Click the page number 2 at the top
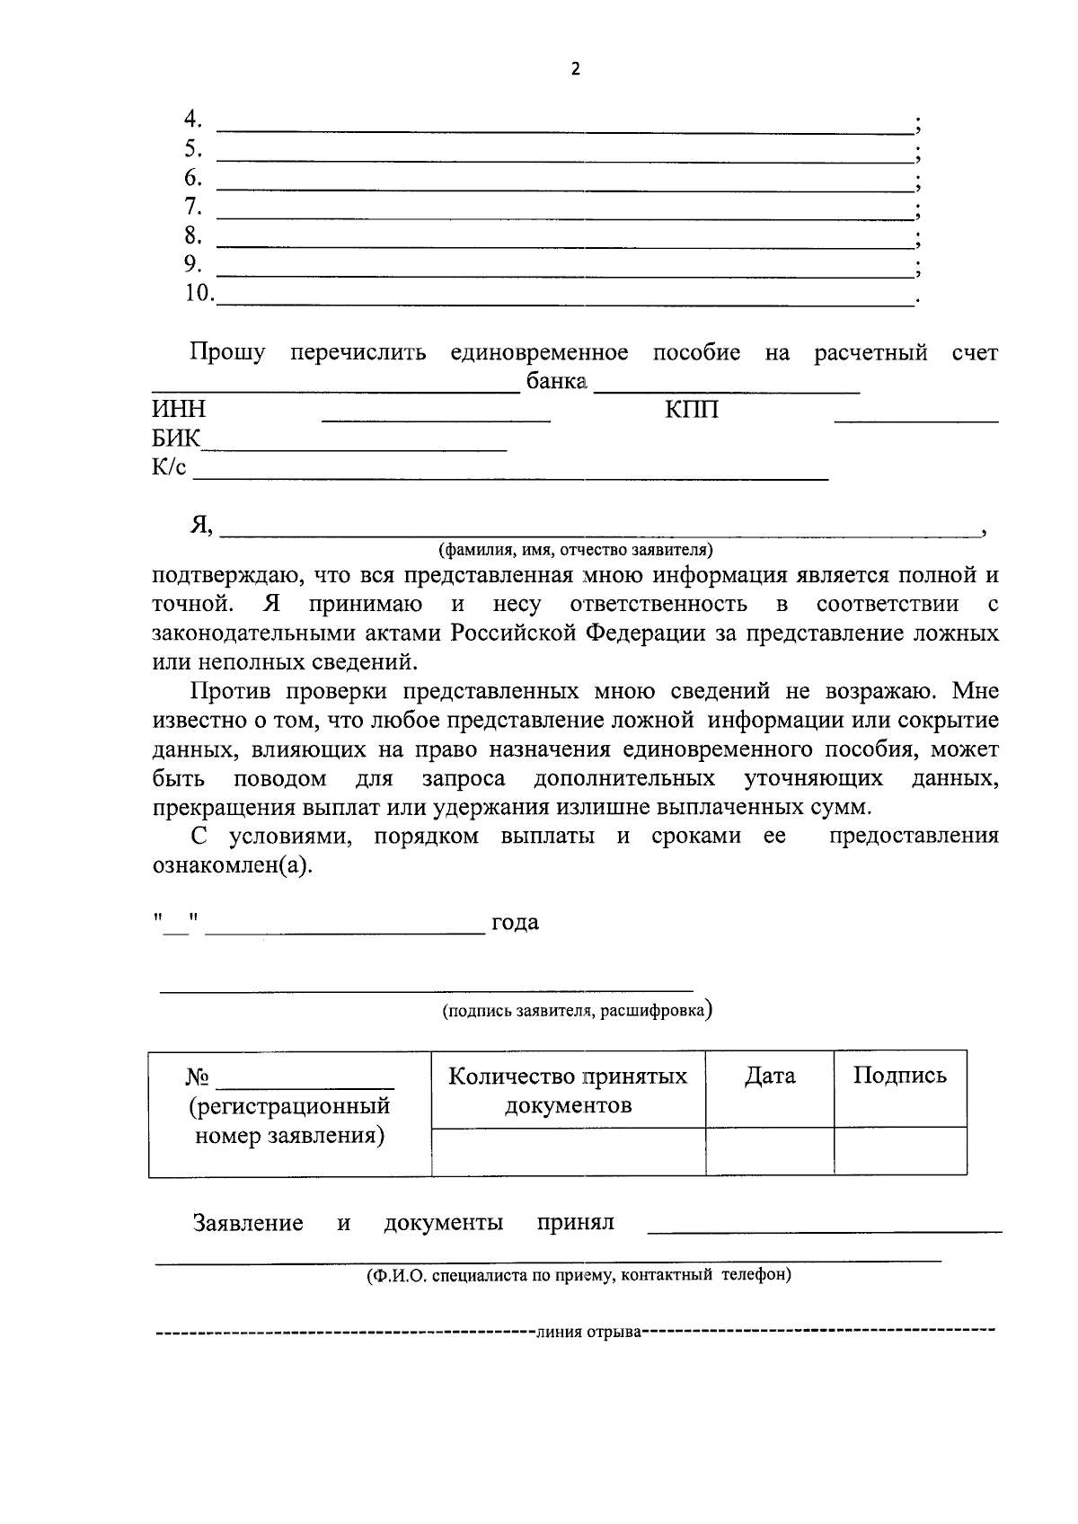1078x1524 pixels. [575, 70]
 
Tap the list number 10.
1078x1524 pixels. [199, 293]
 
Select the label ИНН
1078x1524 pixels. [179, 410]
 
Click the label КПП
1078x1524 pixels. [692, 410]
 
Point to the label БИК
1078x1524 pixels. [176, 439]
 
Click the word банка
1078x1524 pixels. [557, 382]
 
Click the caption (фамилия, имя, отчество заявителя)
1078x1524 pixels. [575, 548]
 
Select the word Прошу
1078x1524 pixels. [227, 352]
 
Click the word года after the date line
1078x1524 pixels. [515, 923]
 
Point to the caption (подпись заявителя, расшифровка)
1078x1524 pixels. [578, 1011]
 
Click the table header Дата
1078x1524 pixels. [770, 1076]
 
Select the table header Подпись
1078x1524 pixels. [899, 1076]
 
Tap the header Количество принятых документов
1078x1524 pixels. [568, 1090]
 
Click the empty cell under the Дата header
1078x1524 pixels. [770, 1151]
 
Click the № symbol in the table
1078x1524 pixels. [198, 1077]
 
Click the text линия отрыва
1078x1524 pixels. [588, 1332]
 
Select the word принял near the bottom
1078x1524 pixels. [575, 1223]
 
